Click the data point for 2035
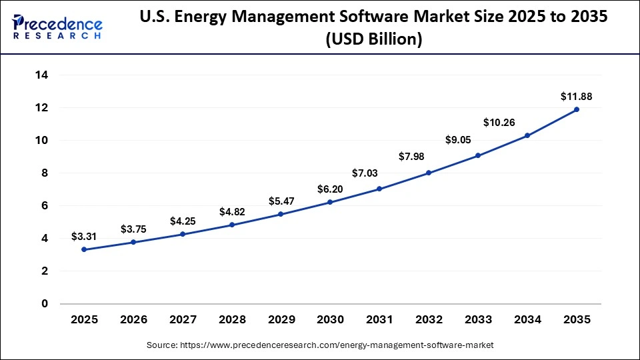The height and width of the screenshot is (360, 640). click(577, 109)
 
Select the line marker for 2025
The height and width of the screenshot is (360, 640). click(84, 249)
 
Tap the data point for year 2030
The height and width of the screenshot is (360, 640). click(330, 202)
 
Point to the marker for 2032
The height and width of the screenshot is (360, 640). click(429, 173)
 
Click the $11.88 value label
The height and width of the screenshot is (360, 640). click(576, 97)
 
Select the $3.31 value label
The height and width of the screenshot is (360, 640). click(84, 237)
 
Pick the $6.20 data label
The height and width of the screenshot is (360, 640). click(330, 189)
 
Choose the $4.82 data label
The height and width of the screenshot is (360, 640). click(232, 212)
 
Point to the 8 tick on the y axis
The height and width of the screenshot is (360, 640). click(45, 173)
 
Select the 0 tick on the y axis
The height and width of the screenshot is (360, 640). click(45, 304)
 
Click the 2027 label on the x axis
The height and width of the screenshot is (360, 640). click(183, 320)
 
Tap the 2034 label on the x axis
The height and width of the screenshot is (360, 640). click(527, 320)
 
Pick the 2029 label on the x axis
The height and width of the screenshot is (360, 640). click(281, 320)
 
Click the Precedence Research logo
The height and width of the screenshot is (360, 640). click(57, 27)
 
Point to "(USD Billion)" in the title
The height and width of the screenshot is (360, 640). click(373, 40)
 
